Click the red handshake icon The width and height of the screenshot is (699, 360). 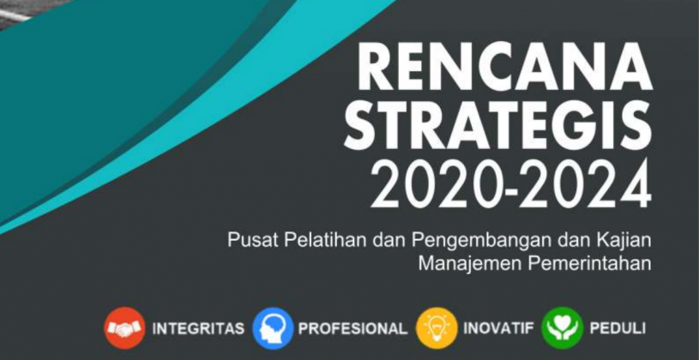[x=124, y=328]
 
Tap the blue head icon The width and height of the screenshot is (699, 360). [x=273, y=328]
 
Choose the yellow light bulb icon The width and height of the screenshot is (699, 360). [x=437, y=328]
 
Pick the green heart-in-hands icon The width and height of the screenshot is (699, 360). [x=562, y=328]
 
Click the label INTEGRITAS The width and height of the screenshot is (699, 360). [x=198, y=329]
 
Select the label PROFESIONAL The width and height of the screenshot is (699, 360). [x=353, y=329]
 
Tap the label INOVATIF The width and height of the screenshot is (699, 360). [x=498, y=329]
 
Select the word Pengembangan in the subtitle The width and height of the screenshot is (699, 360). [x=448, y=240]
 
